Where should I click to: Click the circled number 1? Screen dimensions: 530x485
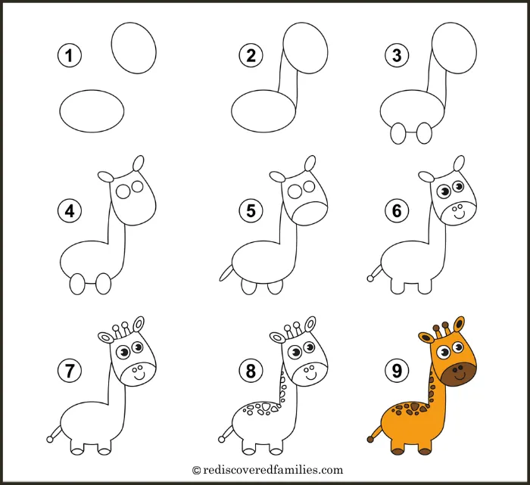click(x=70, y=55)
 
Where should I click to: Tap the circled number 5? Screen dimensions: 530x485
click(x=251, y=211)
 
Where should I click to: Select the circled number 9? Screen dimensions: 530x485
click(x=397, y=371)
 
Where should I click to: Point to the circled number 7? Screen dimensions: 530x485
click(x=70, y=371)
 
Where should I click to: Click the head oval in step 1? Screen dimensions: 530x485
click(x=134, y=48)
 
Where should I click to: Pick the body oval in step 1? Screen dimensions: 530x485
click(x=92, y=110)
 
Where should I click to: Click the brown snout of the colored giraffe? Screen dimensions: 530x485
click(x=459, y=373)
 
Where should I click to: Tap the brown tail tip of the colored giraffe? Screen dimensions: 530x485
click(x=371, y=439)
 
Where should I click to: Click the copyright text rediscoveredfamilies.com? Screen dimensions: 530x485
click(x=268, y=470)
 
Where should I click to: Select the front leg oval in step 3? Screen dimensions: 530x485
click(x=424, y=132)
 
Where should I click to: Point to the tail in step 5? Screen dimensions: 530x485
click(x=226, y=273)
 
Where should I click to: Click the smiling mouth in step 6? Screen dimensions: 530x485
click(x=459, y=214)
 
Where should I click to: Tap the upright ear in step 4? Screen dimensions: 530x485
click(x=139, y=163)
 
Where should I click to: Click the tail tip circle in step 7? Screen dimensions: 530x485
click(x=50, y=440)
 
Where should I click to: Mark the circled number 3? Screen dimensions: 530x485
click(x=397, y=55)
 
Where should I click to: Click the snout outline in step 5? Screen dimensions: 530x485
click(x=310, y=214)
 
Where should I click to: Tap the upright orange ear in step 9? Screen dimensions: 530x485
click(x=459, y=325)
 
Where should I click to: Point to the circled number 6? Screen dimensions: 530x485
click(x=397, y=211)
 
